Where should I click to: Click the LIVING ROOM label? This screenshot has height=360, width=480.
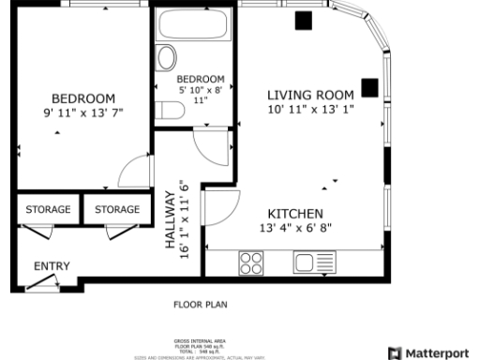tap(310, 95)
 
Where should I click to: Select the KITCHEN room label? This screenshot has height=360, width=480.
tap(295, 214)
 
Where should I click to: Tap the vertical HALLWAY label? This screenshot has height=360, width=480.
tap(171, 220)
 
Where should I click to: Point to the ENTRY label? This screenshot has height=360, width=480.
tap(52, 266)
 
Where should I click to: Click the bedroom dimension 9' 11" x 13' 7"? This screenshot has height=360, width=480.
tap(83, 112)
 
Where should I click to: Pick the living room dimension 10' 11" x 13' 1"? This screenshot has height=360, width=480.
tap(310, 109)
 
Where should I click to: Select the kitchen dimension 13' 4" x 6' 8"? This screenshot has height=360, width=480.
tap(295, 228)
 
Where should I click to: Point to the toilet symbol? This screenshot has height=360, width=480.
tap(170, 111)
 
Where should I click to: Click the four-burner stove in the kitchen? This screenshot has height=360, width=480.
tap(250, 262)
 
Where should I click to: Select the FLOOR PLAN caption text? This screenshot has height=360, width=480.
tap(200, 304)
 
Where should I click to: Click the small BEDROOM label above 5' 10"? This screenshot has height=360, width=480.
tap(201, 79)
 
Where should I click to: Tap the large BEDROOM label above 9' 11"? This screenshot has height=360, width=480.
tap(83, 98)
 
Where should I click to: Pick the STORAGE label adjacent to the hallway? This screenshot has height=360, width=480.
tap(117, 209)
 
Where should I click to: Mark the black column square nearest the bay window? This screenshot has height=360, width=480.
tap(368, 88)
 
